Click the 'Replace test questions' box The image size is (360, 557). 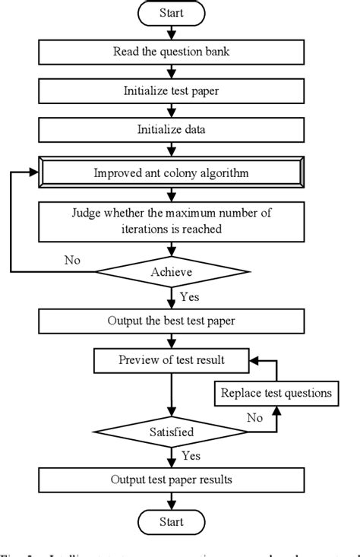tap(276, 394)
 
